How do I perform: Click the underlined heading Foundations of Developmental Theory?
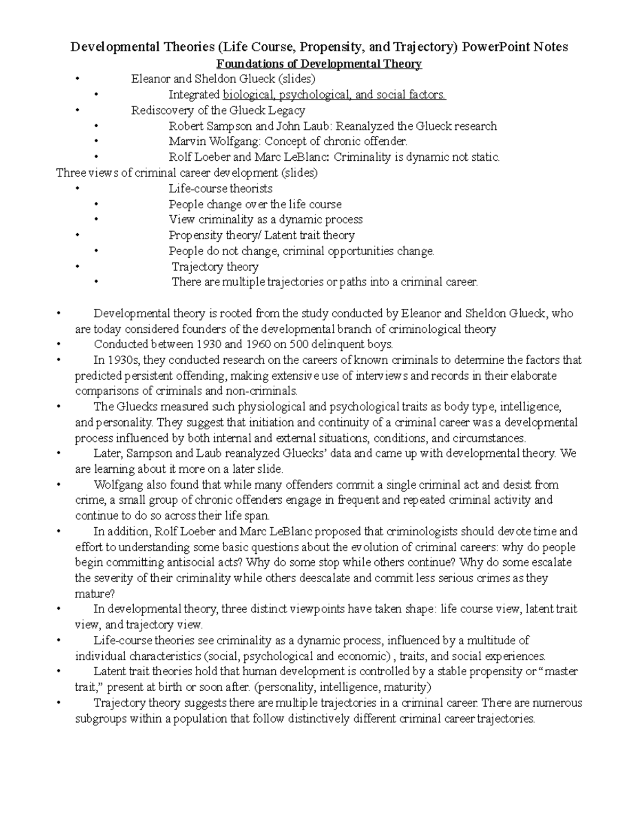(x=318, y=64)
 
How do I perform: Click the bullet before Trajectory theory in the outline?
(x=78, y=266)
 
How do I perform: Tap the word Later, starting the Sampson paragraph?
(x=109, y=454)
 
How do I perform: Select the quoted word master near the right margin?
(x=560, y=672)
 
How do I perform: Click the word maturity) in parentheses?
(x=406, y=687)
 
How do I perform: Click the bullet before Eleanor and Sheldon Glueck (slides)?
(x=78, y=79)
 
